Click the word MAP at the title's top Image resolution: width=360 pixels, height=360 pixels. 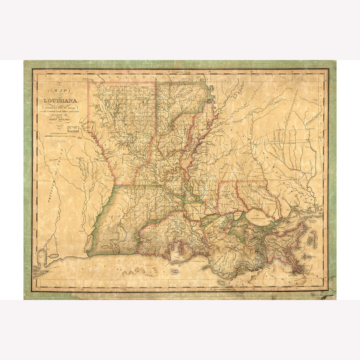pyautogui.click(x=59, y=90)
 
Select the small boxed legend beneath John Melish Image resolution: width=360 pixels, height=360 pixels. pyautogui.click(x=75, y=129)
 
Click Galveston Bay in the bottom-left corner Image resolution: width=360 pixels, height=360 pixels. pyautogui.click(x=42, y=258)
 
